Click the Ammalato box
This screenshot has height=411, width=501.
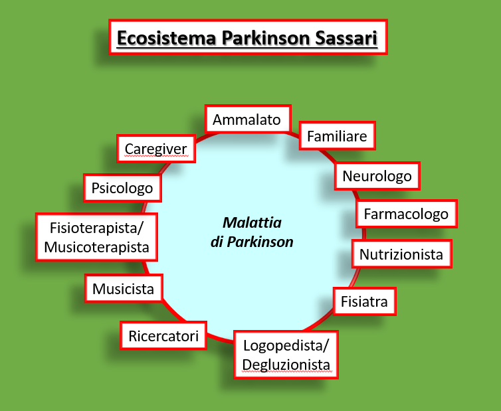[x=248, y=118]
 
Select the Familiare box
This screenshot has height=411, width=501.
[x=337, y=135]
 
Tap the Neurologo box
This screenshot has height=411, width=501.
[x=377, y=176]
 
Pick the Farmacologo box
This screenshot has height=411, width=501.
[x=407, y=214]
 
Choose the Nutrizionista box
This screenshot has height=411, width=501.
[x=401, y=254]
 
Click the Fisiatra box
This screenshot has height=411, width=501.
[x=364, y=301]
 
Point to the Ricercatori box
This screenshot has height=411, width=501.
[x=163, y=335]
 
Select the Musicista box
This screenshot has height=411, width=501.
[x=124, y=288]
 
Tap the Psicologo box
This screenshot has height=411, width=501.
[x=122, y=188]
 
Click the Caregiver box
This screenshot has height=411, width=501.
[x=156, y=149]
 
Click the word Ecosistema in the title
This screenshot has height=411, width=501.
[x=167, y=38]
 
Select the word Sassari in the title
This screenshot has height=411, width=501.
[x=346, y=38]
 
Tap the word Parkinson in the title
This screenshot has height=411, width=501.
[x=266, y=38]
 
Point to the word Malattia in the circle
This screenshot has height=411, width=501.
[x=252, y=222]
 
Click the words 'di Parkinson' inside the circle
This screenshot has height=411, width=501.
[x=252, y=242]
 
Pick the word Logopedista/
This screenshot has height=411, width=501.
[x=286, y=345]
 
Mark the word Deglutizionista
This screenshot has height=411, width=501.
[x=286, y=365]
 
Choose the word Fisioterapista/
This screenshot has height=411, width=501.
[x=97, y=228]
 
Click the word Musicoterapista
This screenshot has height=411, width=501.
[x=97, y=247]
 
